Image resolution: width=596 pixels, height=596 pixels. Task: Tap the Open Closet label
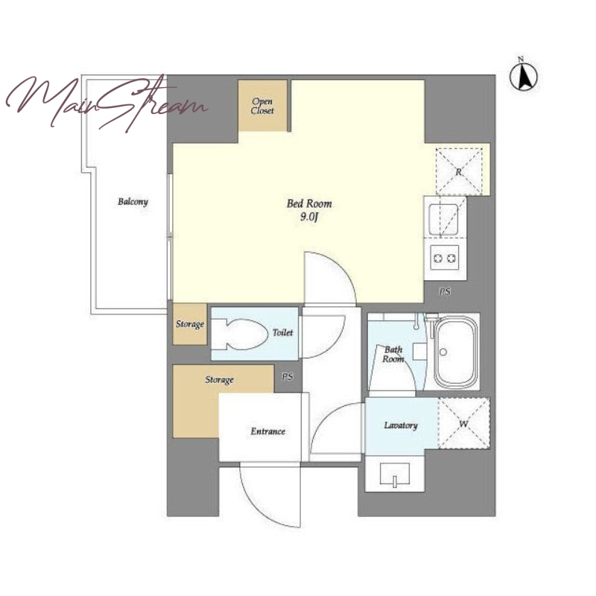click(262, 106)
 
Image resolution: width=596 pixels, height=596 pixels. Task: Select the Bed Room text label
click(309, 203)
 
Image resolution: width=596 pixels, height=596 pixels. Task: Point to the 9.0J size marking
click(309, 217)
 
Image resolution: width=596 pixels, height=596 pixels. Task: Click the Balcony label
click(133, 201)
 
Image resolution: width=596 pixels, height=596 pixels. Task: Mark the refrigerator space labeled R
click(459, 171)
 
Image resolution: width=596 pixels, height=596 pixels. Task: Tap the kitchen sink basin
click(443, 219)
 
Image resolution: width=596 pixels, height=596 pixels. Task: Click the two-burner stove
click(444, 259)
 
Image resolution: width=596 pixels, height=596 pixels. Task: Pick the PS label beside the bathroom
click(445, 291)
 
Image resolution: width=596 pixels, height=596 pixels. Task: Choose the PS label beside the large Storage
click(288, 377)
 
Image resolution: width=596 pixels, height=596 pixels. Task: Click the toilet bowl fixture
click(239, 335)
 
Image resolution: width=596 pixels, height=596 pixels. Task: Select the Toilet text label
click(283, 332)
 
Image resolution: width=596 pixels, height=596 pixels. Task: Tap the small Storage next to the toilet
click(190, 324)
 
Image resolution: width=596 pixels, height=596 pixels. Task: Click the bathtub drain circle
click(443, 352)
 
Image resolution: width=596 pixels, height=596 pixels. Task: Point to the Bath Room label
click(393, 355)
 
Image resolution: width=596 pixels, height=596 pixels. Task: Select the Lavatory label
click(401, 425)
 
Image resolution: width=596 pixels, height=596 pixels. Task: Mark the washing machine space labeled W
click(463, 423)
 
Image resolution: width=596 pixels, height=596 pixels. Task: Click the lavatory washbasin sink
click(395, 475)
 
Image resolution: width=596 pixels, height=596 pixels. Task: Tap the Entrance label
click(268, 431)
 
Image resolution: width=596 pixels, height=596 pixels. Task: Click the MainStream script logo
click(107, 102)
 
